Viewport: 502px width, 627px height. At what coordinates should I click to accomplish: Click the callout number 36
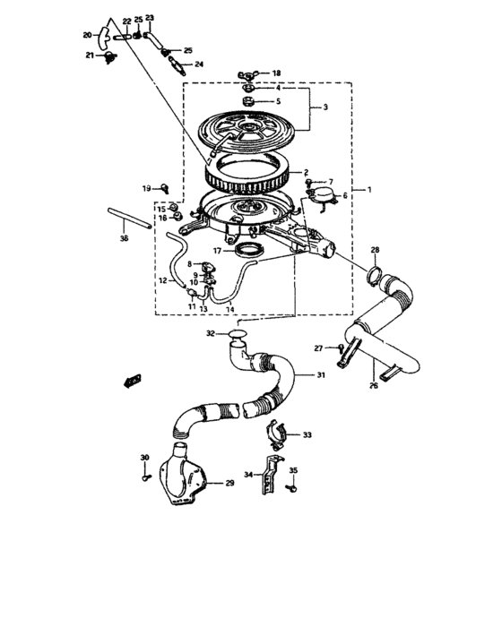coord(124,240)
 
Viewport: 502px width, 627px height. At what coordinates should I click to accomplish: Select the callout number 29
coord(229,484)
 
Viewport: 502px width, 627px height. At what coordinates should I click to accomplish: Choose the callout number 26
coord(374,387)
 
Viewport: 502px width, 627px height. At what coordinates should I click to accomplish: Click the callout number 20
coord(88,35)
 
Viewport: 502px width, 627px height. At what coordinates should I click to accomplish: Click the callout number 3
coord(325,107)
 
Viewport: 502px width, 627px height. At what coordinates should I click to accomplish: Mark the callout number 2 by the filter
coord(306,173)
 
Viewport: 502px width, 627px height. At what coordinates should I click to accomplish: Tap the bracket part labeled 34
coord(265,478)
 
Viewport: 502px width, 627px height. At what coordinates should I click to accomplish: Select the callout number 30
coord(145,458)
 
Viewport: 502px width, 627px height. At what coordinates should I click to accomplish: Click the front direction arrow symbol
coord(134,380)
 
